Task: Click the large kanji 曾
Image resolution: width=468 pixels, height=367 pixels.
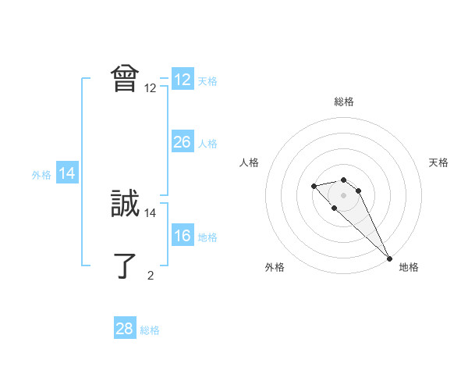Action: pyautogui.click(x=125, y=79)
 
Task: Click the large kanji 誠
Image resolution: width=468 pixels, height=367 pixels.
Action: pyautogui.click(x=125, y=204)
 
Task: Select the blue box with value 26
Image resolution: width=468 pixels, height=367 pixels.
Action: pyautogui.click(x=182, y=142)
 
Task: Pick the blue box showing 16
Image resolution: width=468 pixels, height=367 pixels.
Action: pyautogui.click(x=182, y=237)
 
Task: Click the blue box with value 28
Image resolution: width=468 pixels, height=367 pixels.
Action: pyautogui.click(x=125, y=329)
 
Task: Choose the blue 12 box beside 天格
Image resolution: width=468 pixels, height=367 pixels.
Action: pyautogui.click(x=182, y=80)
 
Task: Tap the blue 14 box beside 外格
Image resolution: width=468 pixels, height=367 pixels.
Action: pyautogui.click(x=67, y=174)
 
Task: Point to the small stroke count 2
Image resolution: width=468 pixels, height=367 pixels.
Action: pyautogui.click(x=151, y=275)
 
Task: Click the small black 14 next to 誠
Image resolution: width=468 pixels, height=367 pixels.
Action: pyautogui.click(x=151, y=212)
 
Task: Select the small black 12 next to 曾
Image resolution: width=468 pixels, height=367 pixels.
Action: pyautogui.click(x=151, y=87)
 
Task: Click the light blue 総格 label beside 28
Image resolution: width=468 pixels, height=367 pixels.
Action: pyautogui.click(x=150, y=330)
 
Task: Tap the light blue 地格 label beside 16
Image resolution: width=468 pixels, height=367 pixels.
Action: pyautogui.click(x=207, y=237)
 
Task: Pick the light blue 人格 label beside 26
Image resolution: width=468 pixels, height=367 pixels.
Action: pyautogui.click(x=207, y=144)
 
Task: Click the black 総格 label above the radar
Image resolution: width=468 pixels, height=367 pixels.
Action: pyautogui.click(x=344, y=102)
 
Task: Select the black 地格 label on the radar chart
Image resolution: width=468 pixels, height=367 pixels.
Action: pyautogui.click(x=409, y=267)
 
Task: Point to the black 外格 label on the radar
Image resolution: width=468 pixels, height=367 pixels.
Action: pyautogui.click(x=275, y=267)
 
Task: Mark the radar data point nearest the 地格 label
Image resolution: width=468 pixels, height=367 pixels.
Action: pyautogui.click(x=389, y=258)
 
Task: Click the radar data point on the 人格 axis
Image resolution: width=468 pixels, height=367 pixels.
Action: pyautogui.click(x=314, y=186)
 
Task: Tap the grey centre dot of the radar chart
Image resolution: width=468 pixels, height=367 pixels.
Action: pyautogui.click(x=344, y=194)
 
